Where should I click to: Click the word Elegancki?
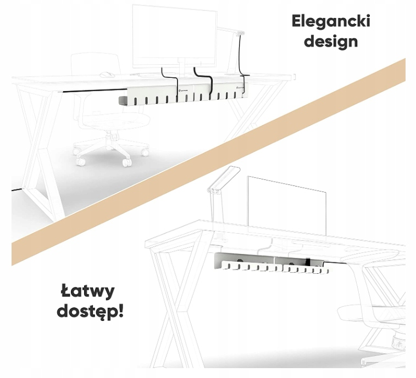pos(331,21)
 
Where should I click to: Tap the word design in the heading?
pos(331,42)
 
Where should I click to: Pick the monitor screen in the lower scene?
pos(286,202)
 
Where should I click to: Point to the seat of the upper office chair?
pos(113,121)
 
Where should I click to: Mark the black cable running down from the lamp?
pos(240,55)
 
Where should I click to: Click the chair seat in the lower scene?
pos(363,313)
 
